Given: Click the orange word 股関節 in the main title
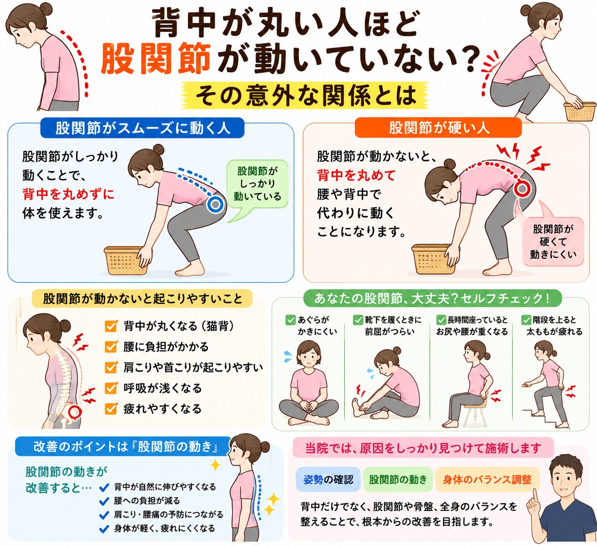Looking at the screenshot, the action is point(156,59).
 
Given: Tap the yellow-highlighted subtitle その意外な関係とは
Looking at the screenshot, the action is point(305,96).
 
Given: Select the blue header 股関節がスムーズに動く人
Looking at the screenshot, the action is point(142,128).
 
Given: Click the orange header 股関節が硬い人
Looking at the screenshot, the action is point(438,128).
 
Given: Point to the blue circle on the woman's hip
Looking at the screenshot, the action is point(216,204).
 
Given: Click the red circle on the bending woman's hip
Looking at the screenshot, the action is point(522,188).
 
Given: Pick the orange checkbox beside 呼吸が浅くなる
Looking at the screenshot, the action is point(111,388).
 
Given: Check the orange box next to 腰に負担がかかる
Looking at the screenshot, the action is point(111,347).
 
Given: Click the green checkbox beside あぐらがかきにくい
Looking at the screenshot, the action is point(290,320).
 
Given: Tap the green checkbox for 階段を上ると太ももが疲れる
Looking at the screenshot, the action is point(526,320).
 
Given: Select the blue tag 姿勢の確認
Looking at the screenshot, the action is point(328,480).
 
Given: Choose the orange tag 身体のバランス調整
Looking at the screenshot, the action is point(487,480).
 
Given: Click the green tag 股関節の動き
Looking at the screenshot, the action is point(398,480).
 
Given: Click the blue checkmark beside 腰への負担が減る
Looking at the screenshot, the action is point(104,501).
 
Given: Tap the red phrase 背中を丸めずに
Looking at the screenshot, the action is point(68,194).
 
